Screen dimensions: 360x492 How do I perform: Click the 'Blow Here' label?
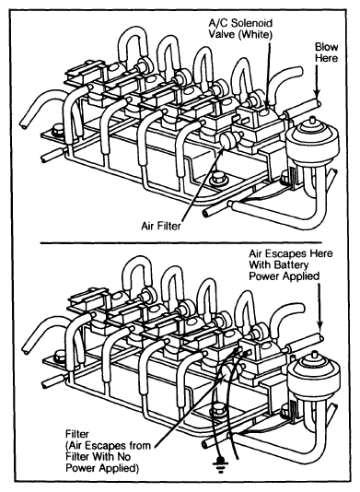327,53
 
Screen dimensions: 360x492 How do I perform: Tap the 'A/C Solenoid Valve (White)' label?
240,29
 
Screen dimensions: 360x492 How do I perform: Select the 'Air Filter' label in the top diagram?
161,226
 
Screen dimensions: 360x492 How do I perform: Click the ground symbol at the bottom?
220,463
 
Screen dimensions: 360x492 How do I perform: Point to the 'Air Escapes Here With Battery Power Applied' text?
290,264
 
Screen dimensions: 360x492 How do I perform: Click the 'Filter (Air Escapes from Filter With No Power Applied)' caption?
109,451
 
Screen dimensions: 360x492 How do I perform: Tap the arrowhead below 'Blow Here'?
318,94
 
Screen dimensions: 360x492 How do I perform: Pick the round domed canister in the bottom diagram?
314,377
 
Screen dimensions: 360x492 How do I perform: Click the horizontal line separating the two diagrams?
180,242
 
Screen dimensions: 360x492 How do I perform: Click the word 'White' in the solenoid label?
255,34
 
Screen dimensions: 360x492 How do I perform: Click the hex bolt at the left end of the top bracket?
58,130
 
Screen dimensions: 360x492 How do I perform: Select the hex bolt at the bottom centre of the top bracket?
216,178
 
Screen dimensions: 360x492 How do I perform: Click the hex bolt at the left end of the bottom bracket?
60,357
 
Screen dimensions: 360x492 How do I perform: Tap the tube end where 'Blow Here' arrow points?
319,103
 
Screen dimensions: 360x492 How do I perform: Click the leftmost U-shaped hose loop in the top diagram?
134,45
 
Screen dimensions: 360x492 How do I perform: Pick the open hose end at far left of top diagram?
24,125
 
